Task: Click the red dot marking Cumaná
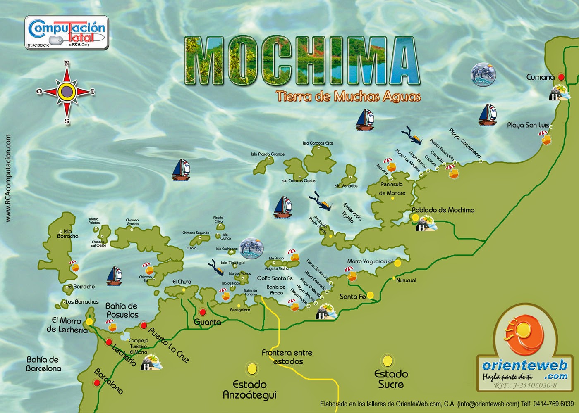pyautogui.click(x=561, y=77)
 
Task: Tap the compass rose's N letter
pyautogui.click(x=67, y=63)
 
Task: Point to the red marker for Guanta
pyautogui.click(x=203, y=312)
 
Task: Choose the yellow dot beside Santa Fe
pyautogui.click(x=370, y=295)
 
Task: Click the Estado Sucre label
pyautogui.click(x=391, y=379)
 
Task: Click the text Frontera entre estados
pyautogui.click(x=287, y=357)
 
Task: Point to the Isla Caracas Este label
pyautogui.click(x=318, y=143)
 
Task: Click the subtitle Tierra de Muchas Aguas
pyautogui.click(x=348, y=97)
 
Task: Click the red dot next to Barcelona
pyautogui.click(x=97, y=383)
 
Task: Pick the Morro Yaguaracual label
pyautogui.click(x=370, y=261)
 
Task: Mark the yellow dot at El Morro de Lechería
pyautogui.click(x=89, y=322)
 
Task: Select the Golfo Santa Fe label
pyautogui.click(x=275, y=278)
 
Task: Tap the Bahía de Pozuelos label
pyautogui.click(x=122, y=310)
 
